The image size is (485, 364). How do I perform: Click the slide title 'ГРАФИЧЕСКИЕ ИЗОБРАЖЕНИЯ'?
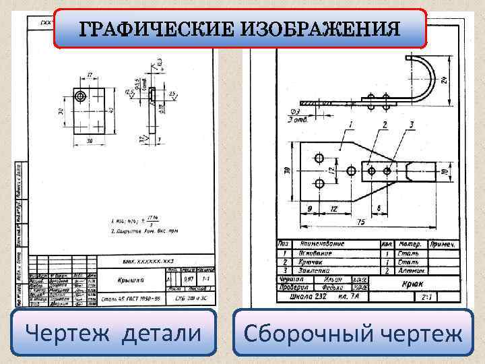tap(240, 29)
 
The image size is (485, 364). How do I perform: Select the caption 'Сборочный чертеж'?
tap(354, 334)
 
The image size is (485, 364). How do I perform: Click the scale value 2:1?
tap(426, 296)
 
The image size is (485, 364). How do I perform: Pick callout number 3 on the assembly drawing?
tap(411, 124)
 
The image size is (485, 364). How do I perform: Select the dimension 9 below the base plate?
tap(309, 208)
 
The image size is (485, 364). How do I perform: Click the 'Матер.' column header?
tap(410, 243)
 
